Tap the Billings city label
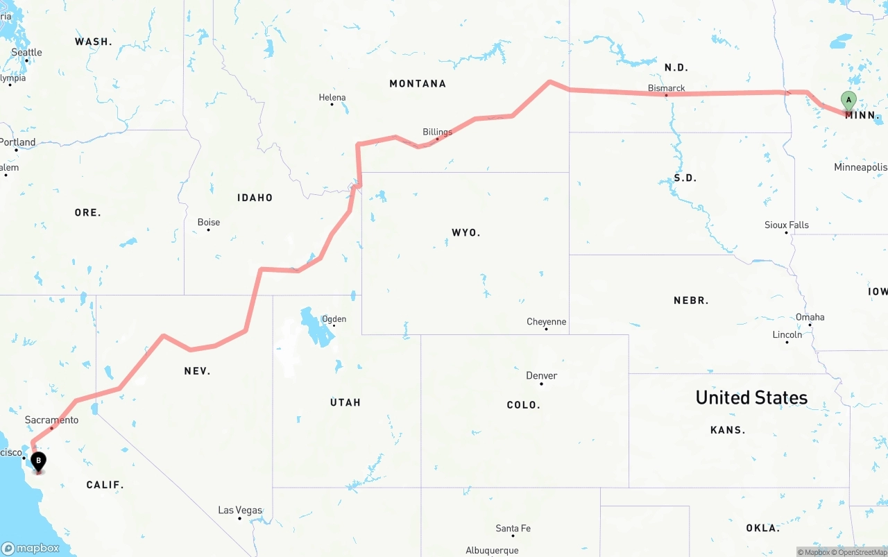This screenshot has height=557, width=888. tap(437, 132)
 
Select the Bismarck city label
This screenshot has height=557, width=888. tap(666, 88)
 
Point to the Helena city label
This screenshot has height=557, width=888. tap(332, 98)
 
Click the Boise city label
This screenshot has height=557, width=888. tap(209, 222)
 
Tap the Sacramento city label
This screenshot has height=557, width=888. tap(51, 420)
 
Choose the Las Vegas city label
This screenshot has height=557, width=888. tap(240, 510)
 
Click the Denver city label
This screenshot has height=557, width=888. tap(541, 375)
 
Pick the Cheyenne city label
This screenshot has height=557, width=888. tap(546, 322)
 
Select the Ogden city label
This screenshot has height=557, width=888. tap(334, 319)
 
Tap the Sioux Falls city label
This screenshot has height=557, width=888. tap(787, 225)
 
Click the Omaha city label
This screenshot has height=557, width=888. tap(810, 317)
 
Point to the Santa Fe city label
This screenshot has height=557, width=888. tap(513, 528)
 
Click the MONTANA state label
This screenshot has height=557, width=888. tap(418, 83)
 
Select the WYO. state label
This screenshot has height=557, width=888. tap(466, 232)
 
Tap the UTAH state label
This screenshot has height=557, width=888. tap(345, 402)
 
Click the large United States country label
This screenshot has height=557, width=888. tap(751, 397)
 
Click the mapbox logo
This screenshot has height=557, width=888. tap(30, 548)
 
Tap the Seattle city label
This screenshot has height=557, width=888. tap(26, 53)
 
